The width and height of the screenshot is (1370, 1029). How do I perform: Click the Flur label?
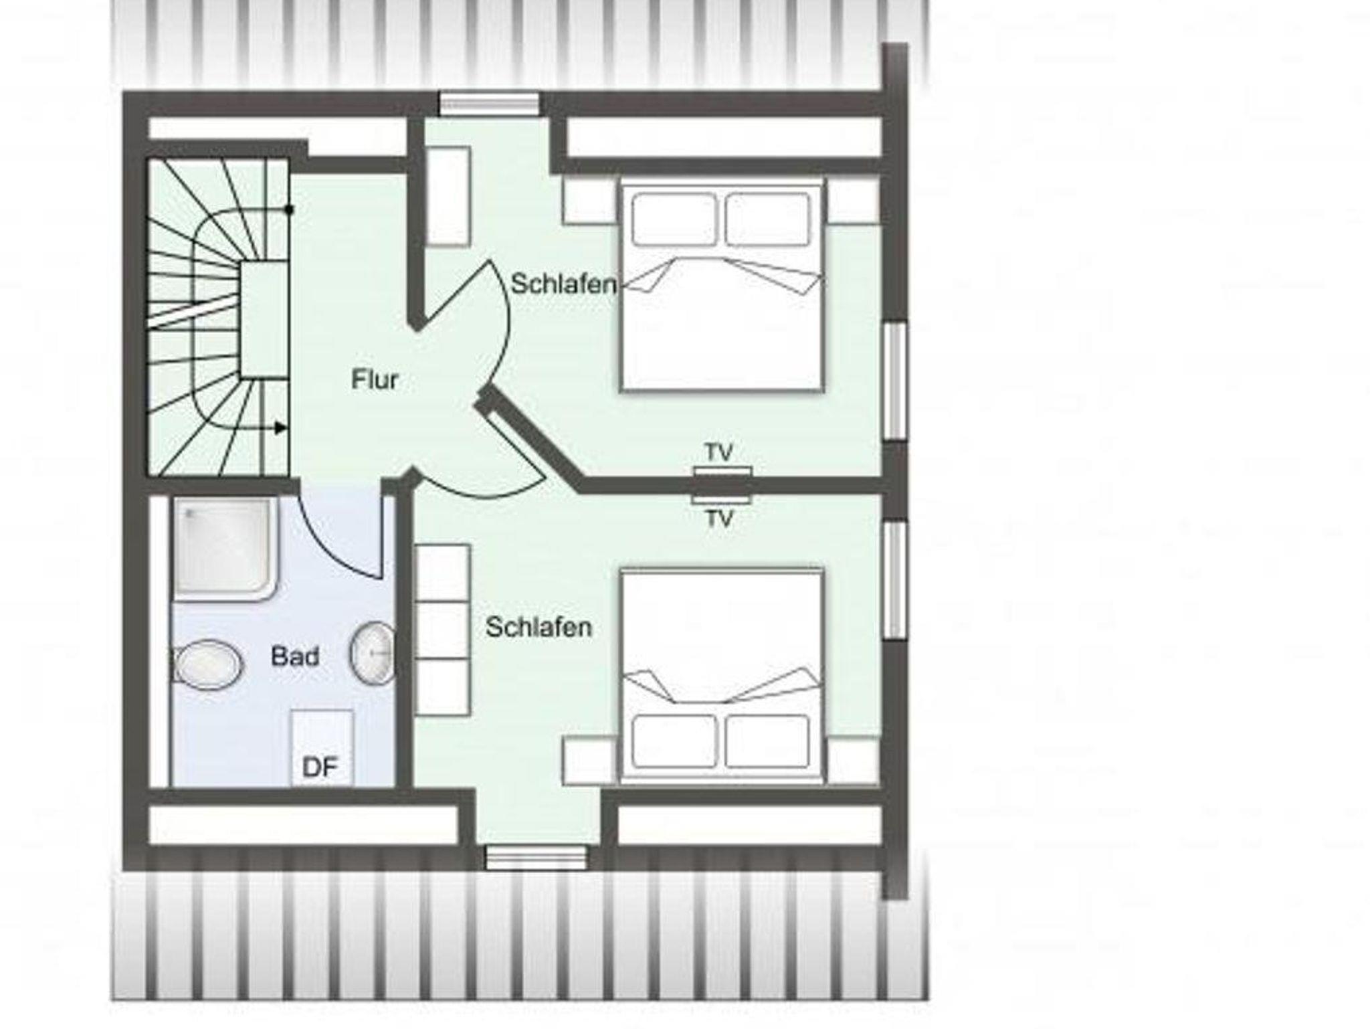click(x=375, y=380)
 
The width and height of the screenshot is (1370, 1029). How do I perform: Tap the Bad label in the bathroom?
click(x=295, y=656)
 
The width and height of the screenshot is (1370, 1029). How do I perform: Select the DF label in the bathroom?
click(x=320, y=767)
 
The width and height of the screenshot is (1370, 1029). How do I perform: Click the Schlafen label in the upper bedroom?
click(x=564, y=284)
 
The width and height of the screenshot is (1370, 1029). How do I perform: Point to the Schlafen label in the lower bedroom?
click(x=539, y=627)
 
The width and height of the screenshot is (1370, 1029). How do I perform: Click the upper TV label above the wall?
click(x=719, y=453)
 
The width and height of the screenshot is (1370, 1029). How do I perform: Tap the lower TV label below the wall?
click(x=719, y=519)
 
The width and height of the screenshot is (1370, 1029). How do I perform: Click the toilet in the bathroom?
click(x=207, y=665)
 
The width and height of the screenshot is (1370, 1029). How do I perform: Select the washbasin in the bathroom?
click(x=373, y=654)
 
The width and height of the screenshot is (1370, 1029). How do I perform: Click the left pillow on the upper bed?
click(x=674, y=219)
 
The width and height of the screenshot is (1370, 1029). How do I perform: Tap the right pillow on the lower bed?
click(x=767, y=741)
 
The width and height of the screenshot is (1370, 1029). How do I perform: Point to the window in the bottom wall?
click(x=536, y=857)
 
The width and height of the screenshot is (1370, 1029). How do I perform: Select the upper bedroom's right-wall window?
click(x=895, y=381)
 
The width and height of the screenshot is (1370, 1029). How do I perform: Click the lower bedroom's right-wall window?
click(x=895, y=579)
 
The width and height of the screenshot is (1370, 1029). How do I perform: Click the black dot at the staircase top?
click(x=289, y=209)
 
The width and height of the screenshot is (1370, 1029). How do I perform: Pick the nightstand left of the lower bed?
click(x=589, y=761)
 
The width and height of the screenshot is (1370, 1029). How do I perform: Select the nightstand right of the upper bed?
click(x=852, y=201)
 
